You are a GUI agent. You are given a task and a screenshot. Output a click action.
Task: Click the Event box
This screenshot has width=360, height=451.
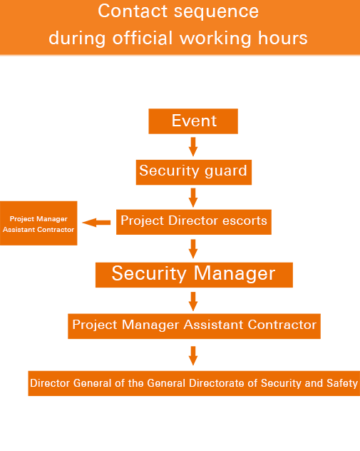[x=193, y=121]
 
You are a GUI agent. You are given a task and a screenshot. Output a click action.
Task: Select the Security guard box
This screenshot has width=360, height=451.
[x=194, y=172]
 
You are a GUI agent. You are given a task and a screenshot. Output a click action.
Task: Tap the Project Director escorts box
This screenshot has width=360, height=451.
[x=194, y=222]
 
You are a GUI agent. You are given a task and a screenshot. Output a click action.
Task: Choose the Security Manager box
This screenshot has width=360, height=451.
[x=194, y=275]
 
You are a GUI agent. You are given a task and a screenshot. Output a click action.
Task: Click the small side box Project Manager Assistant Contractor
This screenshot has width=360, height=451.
[x=38, y=223]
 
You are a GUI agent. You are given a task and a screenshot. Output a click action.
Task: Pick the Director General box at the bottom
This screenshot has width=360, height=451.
[x=194, y=383]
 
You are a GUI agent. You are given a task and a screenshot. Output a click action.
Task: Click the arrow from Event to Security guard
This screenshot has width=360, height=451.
[x=193, y=147]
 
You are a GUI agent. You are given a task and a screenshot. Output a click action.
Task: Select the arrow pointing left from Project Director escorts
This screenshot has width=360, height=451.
[x=96, y=223]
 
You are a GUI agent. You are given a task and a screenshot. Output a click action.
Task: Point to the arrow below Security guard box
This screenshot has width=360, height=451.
[x=193, y=198]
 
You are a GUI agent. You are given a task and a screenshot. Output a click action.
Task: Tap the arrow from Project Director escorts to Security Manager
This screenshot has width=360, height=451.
[x=193, y=249]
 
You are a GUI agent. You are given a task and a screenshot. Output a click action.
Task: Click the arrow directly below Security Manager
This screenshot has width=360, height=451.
[x=193, y=301]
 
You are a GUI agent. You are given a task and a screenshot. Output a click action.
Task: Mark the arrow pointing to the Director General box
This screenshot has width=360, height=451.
[x=193, y=356]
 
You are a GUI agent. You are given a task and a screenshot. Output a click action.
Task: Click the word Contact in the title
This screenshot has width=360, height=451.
[x=133, y=11]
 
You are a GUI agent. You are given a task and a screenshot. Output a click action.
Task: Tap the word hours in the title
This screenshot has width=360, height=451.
[x=283, y=38]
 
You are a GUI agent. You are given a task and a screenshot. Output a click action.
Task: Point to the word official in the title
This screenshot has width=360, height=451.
[x=143, y=38]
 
